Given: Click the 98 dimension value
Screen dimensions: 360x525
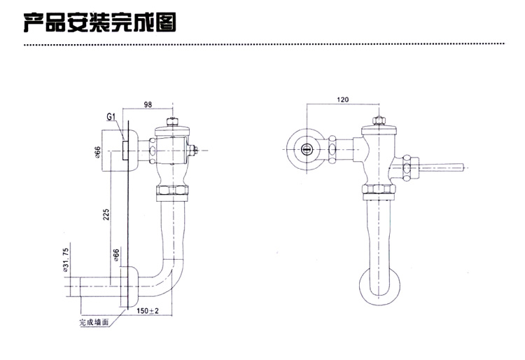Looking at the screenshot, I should click(148, 104).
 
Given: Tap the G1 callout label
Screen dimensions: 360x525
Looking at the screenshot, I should click(111, 117).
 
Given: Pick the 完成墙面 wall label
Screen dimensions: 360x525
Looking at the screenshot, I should click(93, 323).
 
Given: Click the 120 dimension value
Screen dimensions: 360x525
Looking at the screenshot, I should click(342, 100).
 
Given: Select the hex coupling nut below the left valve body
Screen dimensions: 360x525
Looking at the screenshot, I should click(173, 191).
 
